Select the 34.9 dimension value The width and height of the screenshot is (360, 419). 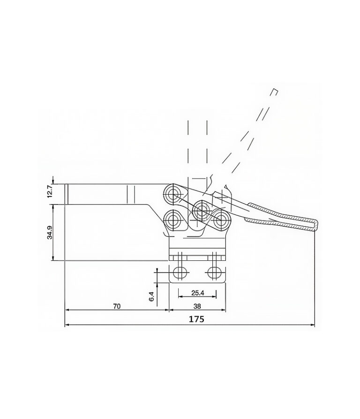[50, 232]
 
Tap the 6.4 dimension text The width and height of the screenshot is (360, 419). [151, 297]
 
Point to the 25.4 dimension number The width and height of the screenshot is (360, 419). [197, 293]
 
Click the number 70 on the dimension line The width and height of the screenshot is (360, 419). [117, 306]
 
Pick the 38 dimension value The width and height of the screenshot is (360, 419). [197, 306]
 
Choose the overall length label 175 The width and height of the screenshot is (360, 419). [196, 319]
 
